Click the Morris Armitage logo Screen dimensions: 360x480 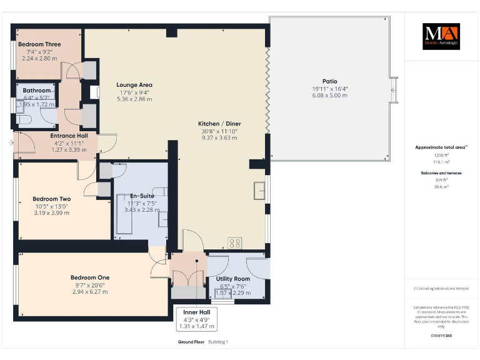tap(441, 36)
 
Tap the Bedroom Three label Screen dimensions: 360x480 tap(39, 44)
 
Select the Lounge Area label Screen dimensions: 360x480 tap(134, 85)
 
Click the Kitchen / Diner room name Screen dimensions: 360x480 tap(219, 124)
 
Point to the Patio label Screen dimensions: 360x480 tap(329, 81)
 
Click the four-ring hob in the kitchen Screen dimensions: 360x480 tap(236, 242)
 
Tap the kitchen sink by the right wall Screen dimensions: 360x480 tap(258, 189)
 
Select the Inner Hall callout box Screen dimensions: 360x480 tap(196, 319)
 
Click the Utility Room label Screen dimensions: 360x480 tap(232, 279)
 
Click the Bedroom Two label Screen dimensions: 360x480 tap(52, 199)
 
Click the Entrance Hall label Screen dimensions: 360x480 tap(69, 136)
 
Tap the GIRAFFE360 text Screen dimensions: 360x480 tap(442, 336)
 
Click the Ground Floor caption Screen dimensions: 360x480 tap(191, 342)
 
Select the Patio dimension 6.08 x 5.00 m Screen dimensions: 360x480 tap(329, 96)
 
